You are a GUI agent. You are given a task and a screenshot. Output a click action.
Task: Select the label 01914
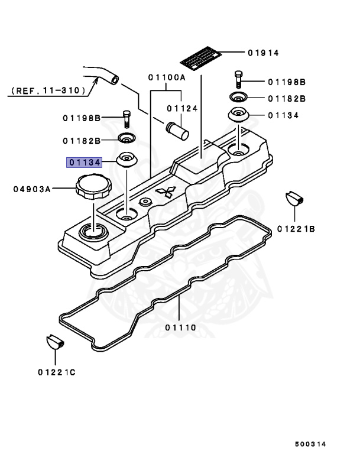tap(264, 53)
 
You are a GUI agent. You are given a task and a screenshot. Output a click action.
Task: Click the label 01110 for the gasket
tap(181, 327)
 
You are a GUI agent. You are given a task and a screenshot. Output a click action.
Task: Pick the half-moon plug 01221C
tap(54, 342)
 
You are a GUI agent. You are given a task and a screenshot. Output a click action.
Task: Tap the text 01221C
tap(57, 372)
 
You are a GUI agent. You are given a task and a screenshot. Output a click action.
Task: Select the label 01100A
tap(166, 77)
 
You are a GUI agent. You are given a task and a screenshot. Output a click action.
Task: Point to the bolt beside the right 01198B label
tap(237, 77)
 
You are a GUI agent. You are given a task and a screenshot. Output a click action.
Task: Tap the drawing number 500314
tap(310, 443)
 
